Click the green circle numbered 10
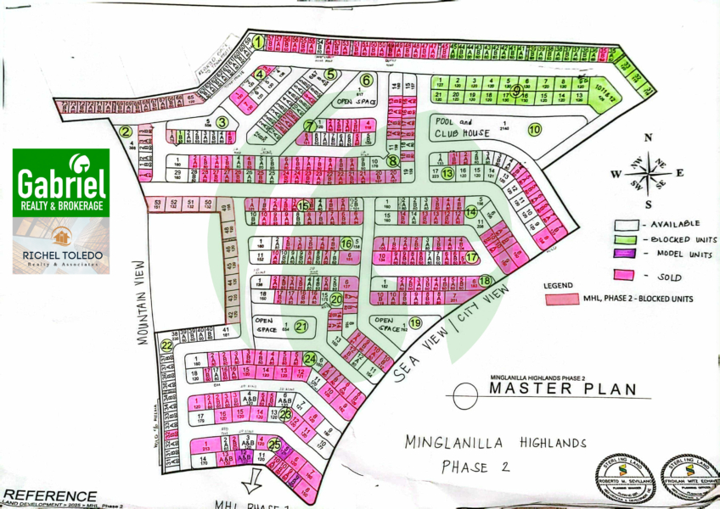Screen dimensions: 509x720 (534, 130)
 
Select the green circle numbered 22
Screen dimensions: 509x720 (167, 345)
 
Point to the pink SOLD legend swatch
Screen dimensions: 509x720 (626, 276)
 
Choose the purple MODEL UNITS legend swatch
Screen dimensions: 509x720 (626, 252)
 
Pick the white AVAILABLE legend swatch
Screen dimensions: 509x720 (626, 223)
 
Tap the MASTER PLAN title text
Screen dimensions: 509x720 (562, 389)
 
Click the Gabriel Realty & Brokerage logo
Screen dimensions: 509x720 (60, 182)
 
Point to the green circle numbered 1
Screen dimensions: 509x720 (258, 40)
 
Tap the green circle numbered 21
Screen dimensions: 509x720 (301, 326)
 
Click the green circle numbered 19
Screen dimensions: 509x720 (415, 323)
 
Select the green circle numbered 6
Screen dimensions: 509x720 (367, 81)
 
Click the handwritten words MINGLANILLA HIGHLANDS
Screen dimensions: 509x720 (495, 443)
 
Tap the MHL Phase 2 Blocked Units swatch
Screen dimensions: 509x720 (561, 299)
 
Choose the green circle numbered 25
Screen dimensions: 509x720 (274, 444)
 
